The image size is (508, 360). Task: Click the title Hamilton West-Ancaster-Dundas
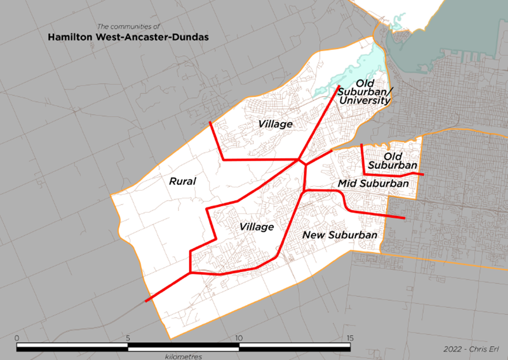pyautogui.click(x=129, y=38)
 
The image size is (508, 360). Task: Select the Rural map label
pyautogui.click(x=182, y=181)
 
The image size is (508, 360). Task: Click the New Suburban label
pyautogui.click(x=340, y=235)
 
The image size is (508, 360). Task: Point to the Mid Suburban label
pyautogui.click(x=373, y=184)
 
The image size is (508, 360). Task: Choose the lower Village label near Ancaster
pyautogui.click(x=256, y=227)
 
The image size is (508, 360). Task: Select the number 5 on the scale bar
pyautogui.click(x=128, y=338)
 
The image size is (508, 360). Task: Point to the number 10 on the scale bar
pyautogui.click(x=238, y=338)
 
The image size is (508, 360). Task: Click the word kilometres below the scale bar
pyautogui.click(x=183, y=356)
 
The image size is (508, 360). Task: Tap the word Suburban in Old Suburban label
pyautogui.click(x=393, y=165)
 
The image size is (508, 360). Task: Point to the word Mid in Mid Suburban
pyautogui.click(x=347, y=184)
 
